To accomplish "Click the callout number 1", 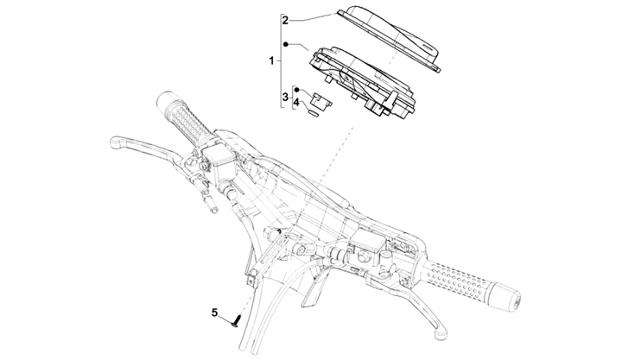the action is click(x=272, y=61).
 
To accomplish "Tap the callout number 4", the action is click(x=296, y=104).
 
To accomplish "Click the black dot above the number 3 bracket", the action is click(x=295, y=88).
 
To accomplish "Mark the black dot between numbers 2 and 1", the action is click(x=285, y=43).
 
